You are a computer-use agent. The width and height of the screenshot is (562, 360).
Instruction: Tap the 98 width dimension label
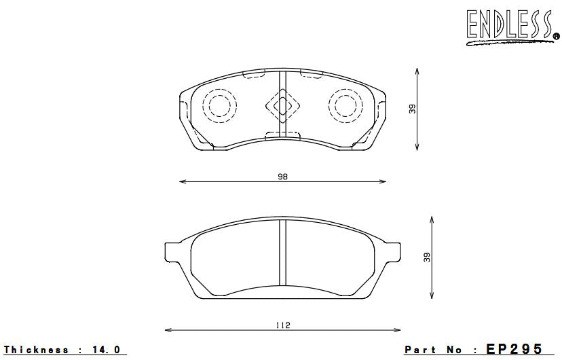coord(282,177)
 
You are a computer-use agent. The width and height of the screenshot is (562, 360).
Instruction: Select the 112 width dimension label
coord(282,325)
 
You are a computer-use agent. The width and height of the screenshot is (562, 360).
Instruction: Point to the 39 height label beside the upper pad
coord(412,109)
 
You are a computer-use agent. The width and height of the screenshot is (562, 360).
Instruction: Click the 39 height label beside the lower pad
coord(427,257)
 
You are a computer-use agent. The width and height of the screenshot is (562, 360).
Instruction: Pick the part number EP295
coord(514,349)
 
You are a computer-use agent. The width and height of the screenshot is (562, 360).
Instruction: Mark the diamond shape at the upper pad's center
coord(282,105)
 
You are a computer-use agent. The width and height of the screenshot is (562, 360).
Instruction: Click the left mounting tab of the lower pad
coord(173,253)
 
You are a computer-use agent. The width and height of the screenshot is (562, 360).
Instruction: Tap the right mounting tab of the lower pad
coord(392,253)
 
